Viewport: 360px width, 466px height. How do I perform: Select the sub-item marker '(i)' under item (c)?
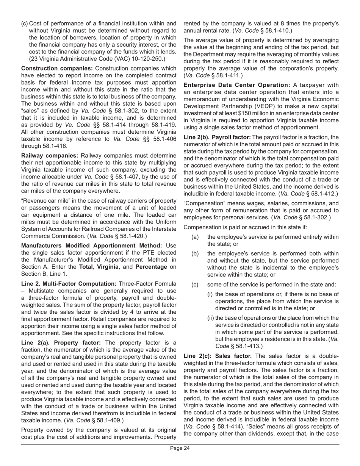(x=210, y=294)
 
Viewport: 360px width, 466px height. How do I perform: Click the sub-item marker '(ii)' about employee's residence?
(x=211, y=318)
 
